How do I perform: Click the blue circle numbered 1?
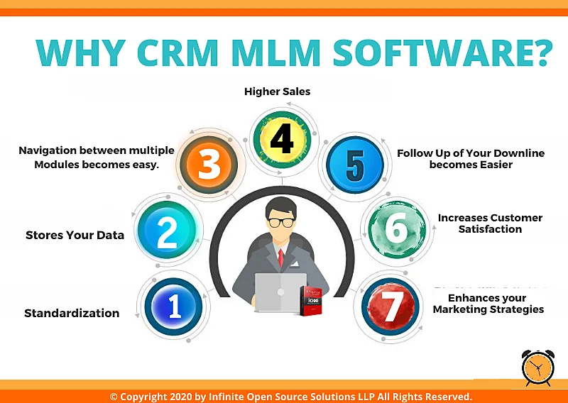(173, 307)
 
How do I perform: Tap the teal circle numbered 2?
(167, 230)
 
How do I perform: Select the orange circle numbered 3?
(209, 165)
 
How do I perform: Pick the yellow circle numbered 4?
(283, 140)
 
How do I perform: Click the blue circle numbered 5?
(355, 165)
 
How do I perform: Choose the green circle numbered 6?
(397, 229)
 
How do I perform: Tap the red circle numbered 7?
(390, 307)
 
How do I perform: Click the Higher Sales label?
(277, 92)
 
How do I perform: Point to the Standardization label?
(72, 313)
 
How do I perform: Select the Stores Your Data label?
(75, 236)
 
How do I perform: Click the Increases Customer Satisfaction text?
(490, 223)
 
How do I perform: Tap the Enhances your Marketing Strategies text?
(488, 304)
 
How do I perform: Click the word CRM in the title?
(177, 53)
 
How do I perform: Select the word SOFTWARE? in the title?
(442, 53)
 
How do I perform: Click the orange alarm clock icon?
(538, 368)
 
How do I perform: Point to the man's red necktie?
(280, 258)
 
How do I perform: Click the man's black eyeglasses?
(281, 222)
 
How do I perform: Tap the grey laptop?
(280, 292)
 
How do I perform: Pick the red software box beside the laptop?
(311, 301)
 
